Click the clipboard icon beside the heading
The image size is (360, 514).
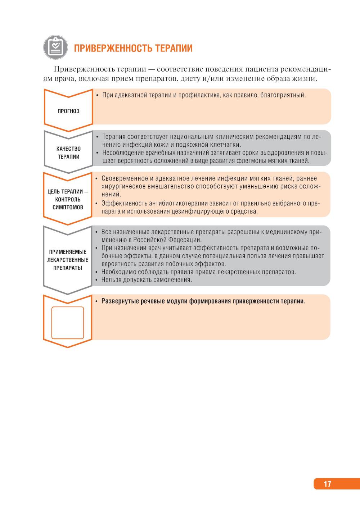[x=55, y=47]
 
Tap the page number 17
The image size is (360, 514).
[x=327, y=484]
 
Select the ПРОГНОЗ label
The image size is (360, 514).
[x=68, y=111]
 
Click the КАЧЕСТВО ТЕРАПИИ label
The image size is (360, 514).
[x=68, y=153]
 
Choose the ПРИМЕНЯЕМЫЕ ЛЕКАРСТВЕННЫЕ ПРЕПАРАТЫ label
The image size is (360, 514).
[x=68, y=260]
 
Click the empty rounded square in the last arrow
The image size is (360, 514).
[x=68, y=323]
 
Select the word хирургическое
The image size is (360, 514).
[x=122, y=186]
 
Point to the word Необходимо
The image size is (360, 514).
[x=118, y=272]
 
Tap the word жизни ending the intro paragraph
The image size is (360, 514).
[x=306, y=78]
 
